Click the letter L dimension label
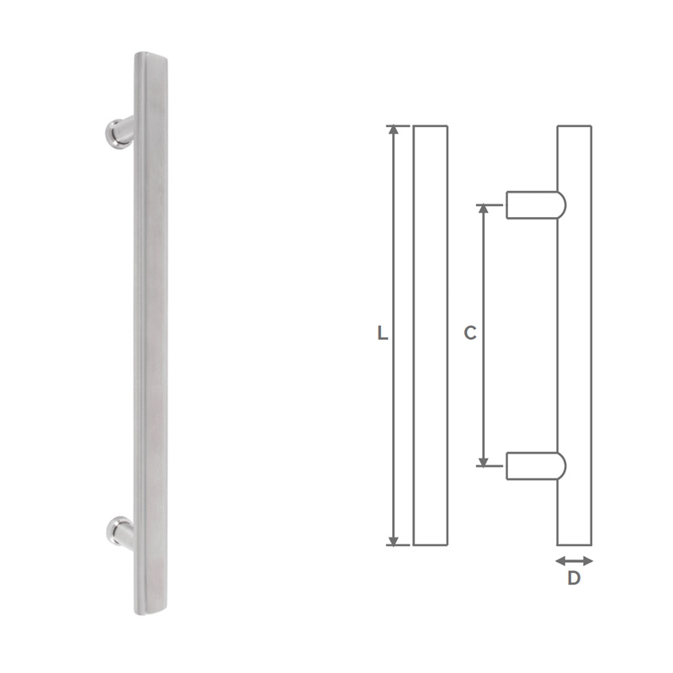[382, 333]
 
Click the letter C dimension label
[470, 333]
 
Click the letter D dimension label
[574, 579]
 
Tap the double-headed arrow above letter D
[575, 560]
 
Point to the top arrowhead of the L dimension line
[392, 131]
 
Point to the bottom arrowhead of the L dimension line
[392, 539]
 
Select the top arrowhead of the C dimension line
[483, 209]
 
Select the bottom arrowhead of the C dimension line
[483, 459]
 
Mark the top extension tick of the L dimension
[397, 126]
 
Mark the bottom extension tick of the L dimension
[397, 545]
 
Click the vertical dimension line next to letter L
[392, 252]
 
